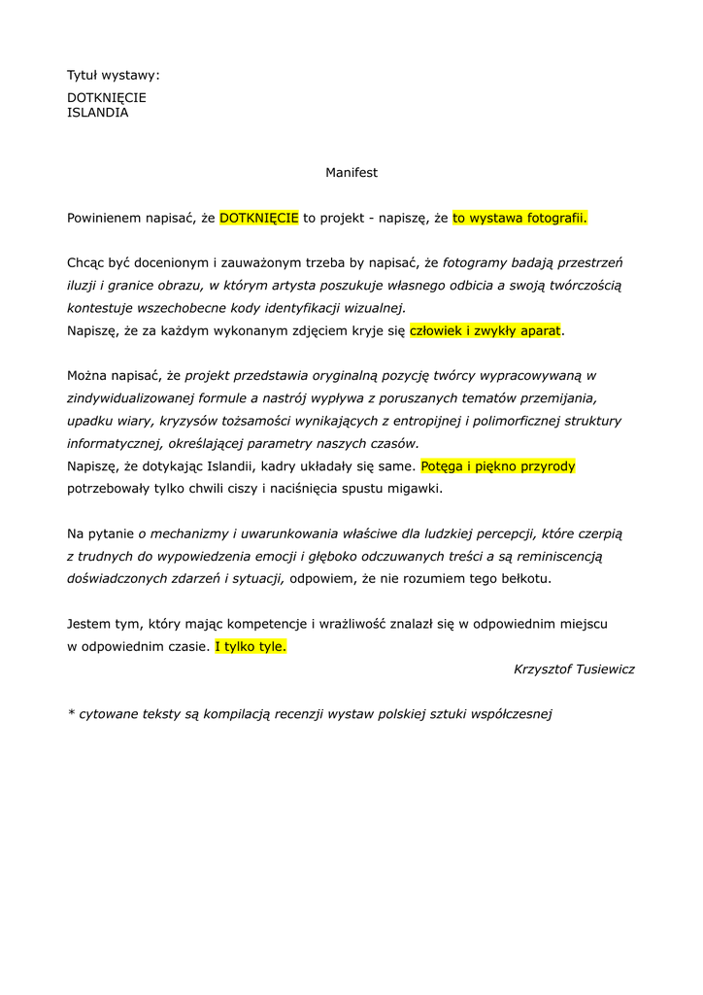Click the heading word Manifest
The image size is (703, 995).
pyautogui.click(x=351, y=173)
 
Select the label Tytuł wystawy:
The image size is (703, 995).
pyautogui.click(x=113, y=75)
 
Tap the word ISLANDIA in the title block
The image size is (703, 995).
pyautogui.click(x=97, y=113)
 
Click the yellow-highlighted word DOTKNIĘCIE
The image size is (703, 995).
pyautogui.click(x=259, y=218)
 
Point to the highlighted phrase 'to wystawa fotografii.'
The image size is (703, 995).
pyautogui.click(x=520, y=218)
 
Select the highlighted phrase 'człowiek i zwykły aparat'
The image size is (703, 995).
pyautogui.click(x=485, y=330)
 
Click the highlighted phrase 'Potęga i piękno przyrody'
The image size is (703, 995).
pyautogui.click(x=498, y=466)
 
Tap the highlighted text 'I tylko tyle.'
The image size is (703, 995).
pyautogui.click(x=251, y=646)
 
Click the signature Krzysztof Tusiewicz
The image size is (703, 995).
pyautogui.click(x=574, y=669)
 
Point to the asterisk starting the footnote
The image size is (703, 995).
pyautogui.click(x=71, y=712)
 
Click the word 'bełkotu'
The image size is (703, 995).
pyautogui.click(x=524, y=578)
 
